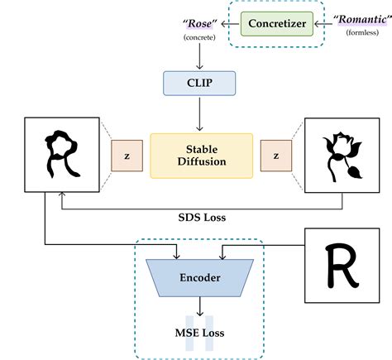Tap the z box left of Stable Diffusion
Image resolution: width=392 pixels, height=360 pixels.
pyautogui.click(x=127, y=156)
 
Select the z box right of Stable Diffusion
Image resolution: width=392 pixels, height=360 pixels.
pyautogui.click(x=275, y=156)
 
